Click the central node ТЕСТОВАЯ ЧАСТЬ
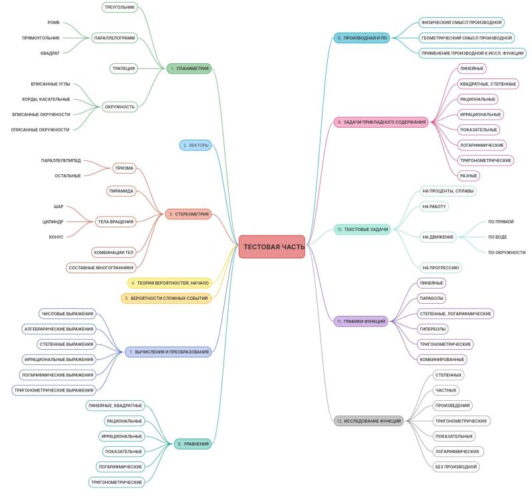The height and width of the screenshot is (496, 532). [x=272, y=247]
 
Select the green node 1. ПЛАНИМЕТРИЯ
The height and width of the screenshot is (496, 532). [x=189, y=68]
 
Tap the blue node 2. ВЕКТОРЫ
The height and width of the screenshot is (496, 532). [x=196, y=145]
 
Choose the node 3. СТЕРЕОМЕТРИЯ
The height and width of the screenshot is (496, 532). [x=188, y=214]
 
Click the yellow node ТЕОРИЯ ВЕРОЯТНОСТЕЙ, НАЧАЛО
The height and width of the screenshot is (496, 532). [x=170, y=283]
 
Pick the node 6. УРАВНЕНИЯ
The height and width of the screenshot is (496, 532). [x=193, y=443]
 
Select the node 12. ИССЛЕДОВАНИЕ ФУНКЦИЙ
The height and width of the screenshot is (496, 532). [x=369, y=421]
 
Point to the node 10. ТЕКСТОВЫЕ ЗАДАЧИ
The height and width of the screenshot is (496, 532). [x=362, y=229]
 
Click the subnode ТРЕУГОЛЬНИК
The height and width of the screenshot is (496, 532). [x=120, y=7]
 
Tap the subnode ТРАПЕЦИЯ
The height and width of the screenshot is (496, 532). [x=124, y=68]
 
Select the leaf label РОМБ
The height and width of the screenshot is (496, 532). [x=53, y=23]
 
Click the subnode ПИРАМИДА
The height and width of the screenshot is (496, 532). [x=121, y=191]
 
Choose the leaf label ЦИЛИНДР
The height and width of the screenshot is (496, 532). [x=53, y=221]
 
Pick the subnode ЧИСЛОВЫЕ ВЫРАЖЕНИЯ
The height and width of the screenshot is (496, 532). [x=67, y=314]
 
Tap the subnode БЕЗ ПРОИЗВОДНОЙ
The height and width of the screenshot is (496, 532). [x=456, y=467]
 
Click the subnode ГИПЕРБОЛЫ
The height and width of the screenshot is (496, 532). [x=433, y=328]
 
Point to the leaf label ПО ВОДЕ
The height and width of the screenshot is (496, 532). [x=497, y=237]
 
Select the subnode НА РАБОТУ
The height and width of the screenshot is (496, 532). [x=434, y=206]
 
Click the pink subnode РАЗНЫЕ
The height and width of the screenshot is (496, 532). [x=469, y=176]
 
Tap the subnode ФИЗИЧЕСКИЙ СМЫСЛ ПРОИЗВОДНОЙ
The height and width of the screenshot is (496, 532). [x=462, y=23]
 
